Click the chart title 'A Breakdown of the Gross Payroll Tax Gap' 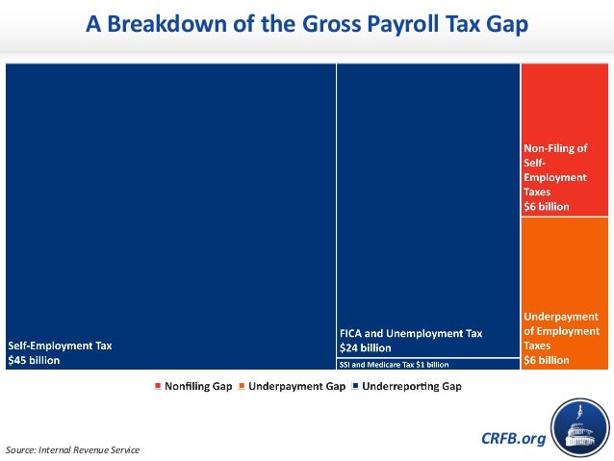307,24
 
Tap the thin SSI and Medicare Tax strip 427,364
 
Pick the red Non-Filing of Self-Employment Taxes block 566,140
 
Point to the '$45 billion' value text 34,360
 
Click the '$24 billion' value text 365,347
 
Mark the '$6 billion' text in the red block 546,206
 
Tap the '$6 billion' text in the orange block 546,359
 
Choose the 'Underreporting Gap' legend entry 412,386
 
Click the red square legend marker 157,386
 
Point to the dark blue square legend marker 356,386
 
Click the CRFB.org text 512,439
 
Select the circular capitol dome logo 579,429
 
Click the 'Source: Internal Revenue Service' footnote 72,449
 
